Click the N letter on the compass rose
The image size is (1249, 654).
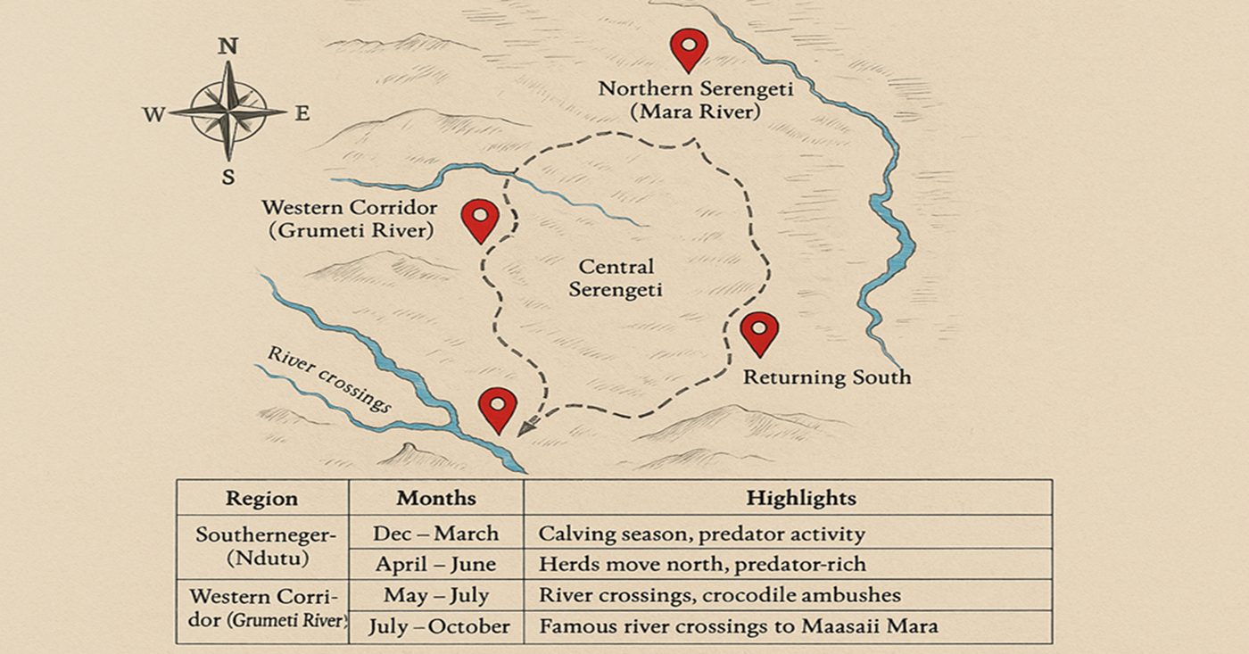tap(227, 47)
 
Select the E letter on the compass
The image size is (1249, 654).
tap(302, 113)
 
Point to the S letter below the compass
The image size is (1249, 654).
tap(228, 177)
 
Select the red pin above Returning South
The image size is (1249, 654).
tap(759, 332)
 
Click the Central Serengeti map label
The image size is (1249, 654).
tap(616, 278)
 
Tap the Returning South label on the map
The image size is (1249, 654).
tap(827, 377)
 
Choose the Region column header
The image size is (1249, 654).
tap(261, 499)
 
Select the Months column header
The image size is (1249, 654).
tap(436, 498)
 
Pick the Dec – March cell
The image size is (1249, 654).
tap(436, 534)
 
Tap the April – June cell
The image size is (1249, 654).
tap(436, 565)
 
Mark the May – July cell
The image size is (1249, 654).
tap(436, 595)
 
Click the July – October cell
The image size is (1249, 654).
tap(440, 626)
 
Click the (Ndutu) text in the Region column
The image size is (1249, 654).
tap(264, 559)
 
